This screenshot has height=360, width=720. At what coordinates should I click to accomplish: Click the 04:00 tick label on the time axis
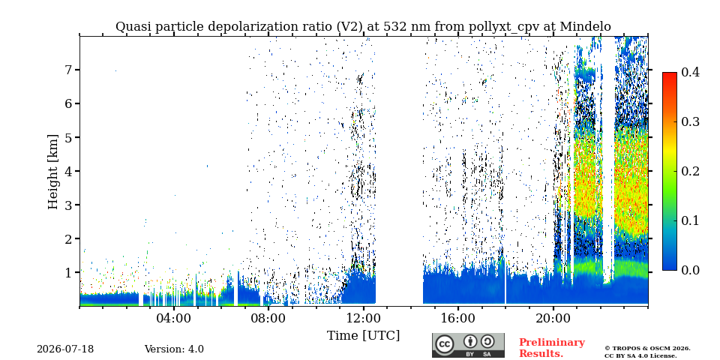tap(174, 318)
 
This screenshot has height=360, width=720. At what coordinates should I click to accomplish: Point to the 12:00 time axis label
tap(364, 318)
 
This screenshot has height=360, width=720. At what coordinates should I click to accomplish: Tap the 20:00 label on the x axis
tap(553, 318)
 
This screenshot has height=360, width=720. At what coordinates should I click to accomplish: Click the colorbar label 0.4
tap(690, 72)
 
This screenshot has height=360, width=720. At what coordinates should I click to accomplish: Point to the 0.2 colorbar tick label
tap(690, 171)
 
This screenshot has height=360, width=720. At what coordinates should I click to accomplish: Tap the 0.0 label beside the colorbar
tap(690, 270)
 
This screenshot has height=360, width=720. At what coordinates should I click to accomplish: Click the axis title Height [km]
tap(53, 172)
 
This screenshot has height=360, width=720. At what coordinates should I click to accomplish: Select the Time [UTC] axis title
tap(363, 336)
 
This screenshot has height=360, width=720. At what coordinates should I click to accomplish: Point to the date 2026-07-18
tap(65, 349)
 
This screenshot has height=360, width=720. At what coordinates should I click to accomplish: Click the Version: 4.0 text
tap(174, 349)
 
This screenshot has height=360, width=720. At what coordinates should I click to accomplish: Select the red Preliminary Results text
tap(552, 347)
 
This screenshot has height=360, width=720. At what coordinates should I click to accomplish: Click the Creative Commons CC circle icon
tap(444, 344)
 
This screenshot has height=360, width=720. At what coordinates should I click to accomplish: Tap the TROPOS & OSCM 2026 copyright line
tap(647, 349)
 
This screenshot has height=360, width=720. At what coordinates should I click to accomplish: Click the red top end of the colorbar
tap(670, 74)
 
